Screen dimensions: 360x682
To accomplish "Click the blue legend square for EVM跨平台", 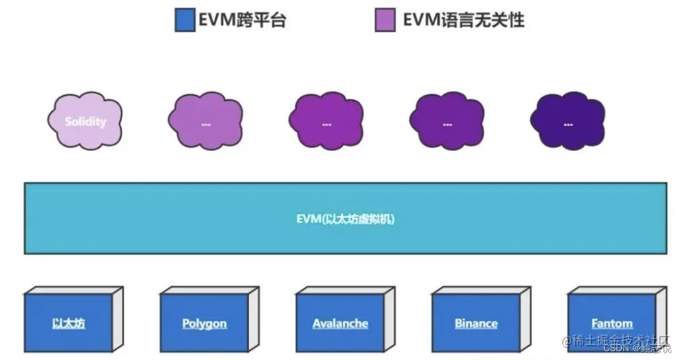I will [x=185, y=20].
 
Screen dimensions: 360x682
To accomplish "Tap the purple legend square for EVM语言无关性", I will [x=385, y=20].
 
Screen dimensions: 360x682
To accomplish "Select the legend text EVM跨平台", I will [x=242, y=20].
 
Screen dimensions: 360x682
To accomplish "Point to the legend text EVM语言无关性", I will [x=463, y=20].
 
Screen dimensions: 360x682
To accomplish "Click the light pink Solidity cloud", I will [x=86, y=122].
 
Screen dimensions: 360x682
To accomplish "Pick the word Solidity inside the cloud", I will [x=86, y=122].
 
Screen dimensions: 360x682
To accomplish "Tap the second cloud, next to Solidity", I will [x=205, y=122].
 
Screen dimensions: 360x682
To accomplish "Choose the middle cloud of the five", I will [x=326, y=122].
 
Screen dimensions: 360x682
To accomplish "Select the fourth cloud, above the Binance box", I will [x=447, y=122].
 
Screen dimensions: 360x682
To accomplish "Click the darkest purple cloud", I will [x=567, y=122].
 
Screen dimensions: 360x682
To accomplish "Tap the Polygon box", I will [x=204, y=323].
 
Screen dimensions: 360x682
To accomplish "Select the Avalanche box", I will [x=340, y=323].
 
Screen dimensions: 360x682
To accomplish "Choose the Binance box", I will [x=476, y=323].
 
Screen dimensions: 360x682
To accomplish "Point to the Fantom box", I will [x=611, y=323].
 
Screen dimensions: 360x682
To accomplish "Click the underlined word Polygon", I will [x=204, y=323].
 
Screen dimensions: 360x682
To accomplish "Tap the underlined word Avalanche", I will [x=340, y=323].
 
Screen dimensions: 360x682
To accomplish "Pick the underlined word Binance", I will [x=476, y=323].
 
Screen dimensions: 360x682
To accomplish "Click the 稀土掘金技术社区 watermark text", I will [x=621, y=340].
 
